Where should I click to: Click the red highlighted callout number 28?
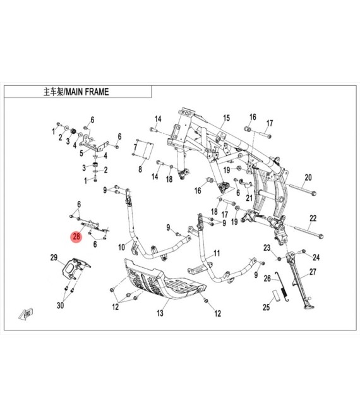[x=76, y=236]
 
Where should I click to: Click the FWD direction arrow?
[x=26, y=314]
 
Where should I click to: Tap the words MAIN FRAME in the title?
[x=88, y=92]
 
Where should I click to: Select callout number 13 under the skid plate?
[x=160, y=313]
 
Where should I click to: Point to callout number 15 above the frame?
[x=226, y=118]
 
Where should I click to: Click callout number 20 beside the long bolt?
[x=308, y=178]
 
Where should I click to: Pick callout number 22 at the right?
[x=313, y=218]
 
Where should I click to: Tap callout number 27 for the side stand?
[x=313, y=272]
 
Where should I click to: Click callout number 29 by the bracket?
[x=54, y=257]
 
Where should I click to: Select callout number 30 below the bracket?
[x=61, y=305]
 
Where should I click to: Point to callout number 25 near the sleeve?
[x=266, y=307]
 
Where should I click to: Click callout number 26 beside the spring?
[x=267, y=279]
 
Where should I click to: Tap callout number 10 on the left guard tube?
[x=121, y=247]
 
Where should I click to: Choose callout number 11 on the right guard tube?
[x=217, y=253]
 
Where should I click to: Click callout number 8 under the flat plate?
[x=140, y=169]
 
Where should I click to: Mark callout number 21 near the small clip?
[x=249, y=198]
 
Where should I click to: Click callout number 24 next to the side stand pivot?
[x=316, y=257]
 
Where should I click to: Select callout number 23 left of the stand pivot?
[x=267, y=248]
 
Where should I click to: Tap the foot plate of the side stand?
[x=309, y=308]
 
